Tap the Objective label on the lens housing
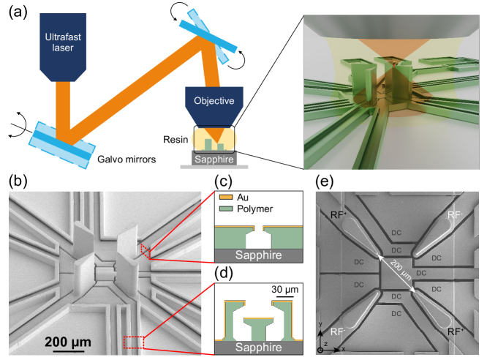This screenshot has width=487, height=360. click(213, 100)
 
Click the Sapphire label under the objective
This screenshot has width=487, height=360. click(213, 157)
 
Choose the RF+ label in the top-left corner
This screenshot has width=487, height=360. click(335, 214)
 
